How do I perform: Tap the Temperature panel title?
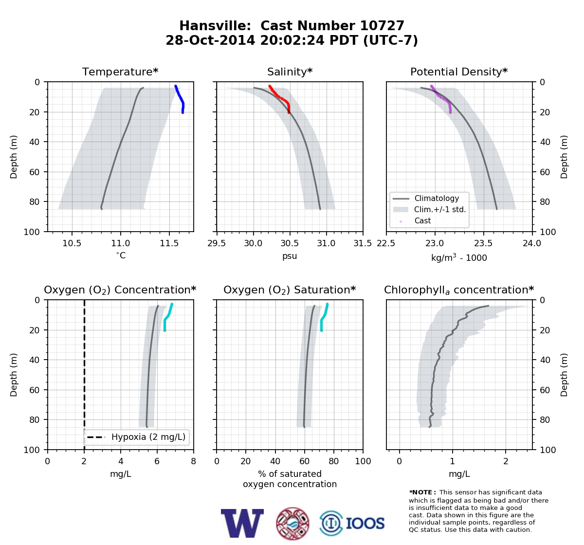pos(120,72)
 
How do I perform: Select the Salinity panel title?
pos(290,72)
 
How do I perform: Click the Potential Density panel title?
pos(459,72)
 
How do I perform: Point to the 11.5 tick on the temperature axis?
pos(169,243)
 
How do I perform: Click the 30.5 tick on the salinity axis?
pos(290,243)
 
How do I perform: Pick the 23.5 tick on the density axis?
pos(483,243)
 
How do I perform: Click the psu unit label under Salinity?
pos(290,256)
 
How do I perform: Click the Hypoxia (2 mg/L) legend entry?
pos(136,437)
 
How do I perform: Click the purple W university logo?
pos(242,523)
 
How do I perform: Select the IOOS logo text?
pos(365,523)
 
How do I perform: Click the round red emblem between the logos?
pos(292,524)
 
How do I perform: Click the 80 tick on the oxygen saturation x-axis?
pos(334,461)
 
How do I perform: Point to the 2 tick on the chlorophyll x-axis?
pos(506,461)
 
